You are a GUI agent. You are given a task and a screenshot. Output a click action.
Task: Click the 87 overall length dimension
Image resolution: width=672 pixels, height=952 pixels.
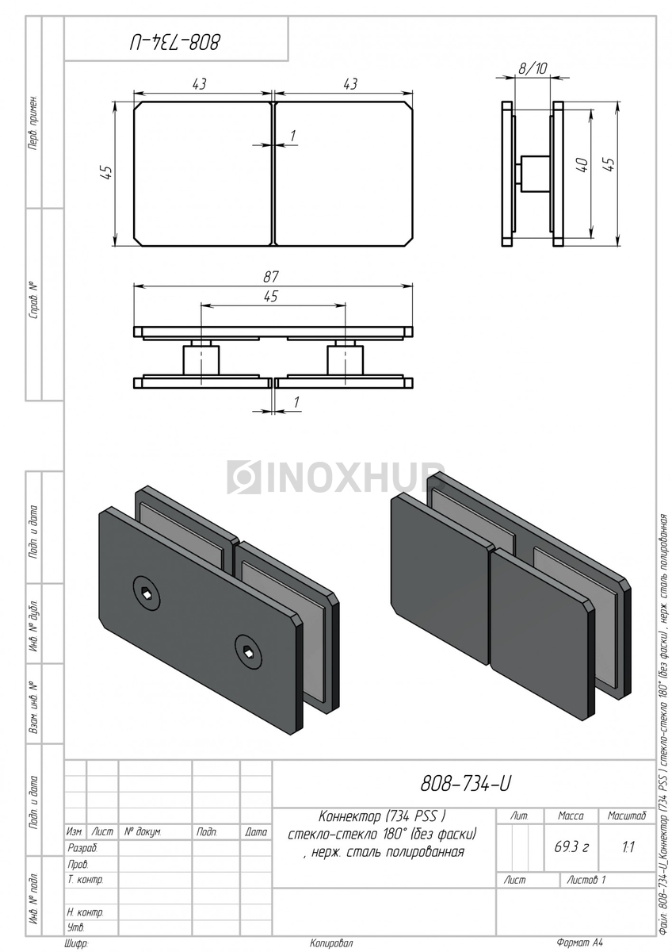[271, 277]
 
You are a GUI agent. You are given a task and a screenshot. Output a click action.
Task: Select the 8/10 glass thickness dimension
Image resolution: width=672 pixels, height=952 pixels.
[533, 68]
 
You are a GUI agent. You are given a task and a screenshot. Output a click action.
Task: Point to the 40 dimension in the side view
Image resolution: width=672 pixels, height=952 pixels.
[583, 165]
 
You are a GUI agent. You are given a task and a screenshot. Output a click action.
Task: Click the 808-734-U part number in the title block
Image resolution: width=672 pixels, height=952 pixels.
[466, 784]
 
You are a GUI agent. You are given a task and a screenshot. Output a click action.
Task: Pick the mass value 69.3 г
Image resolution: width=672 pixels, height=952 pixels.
[571, 847]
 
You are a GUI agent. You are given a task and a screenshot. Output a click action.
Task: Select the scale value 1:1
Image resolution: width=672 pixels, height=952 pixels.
[628, 847]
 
